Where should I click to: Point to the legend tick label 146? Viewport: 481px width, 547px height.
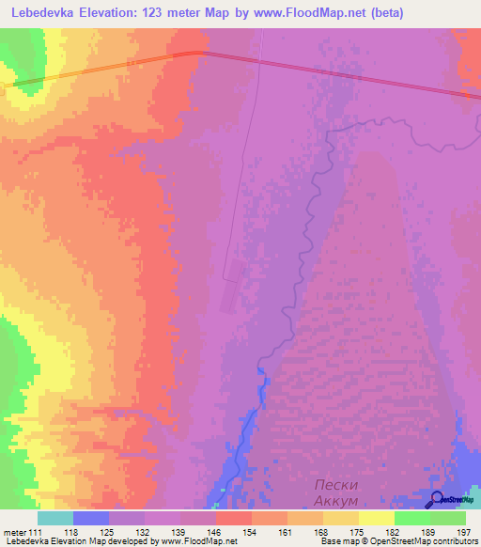pos(215,532)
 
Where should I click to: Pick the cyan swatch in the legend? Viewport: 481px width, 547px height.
pos(55,518)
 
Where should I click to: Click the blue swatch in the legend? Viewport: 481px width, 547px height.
pos(91,518)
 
